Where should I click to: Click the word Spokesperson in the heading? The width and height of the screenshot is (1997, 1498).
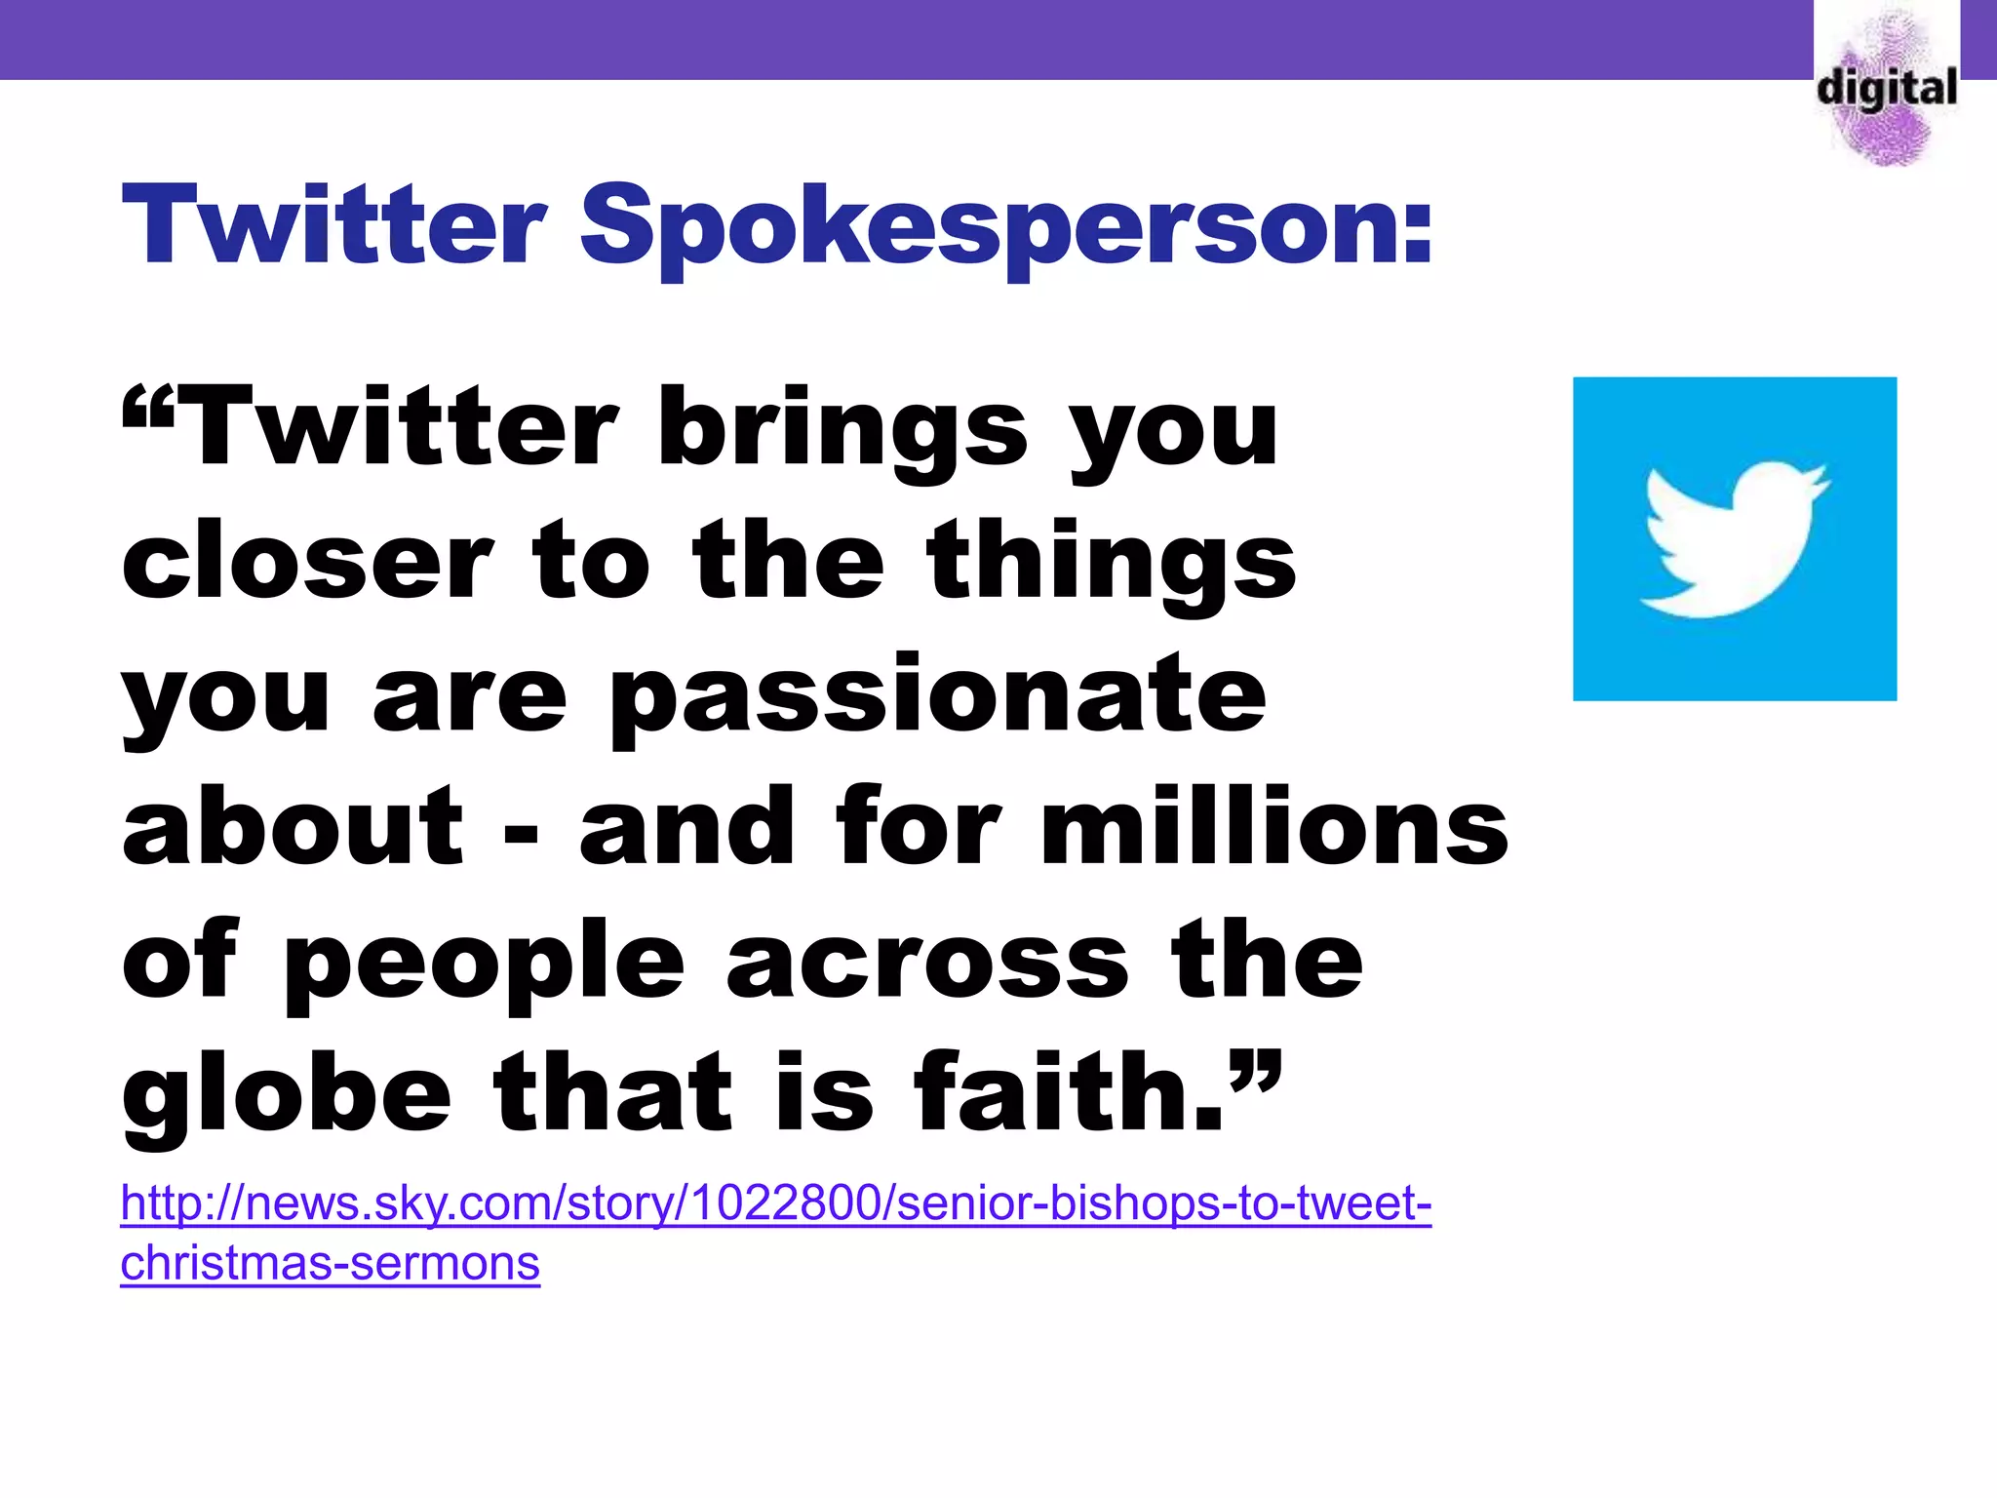(x=1004, y=228)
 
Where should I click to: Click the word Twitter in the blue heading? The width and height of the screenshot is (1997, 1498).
(x=333, y=226)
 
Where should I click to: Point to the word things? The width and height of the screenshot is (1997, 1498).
(x=1112, y=564)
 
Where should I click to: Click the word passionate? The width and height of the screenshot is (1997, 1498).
(x=936, y=696)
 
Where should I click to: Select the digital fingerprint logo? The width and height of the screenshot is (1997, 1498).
(x=1886, y=88)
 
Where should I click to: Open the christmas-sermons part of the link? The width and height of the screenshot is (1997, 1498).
(x=330, y=1264)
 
